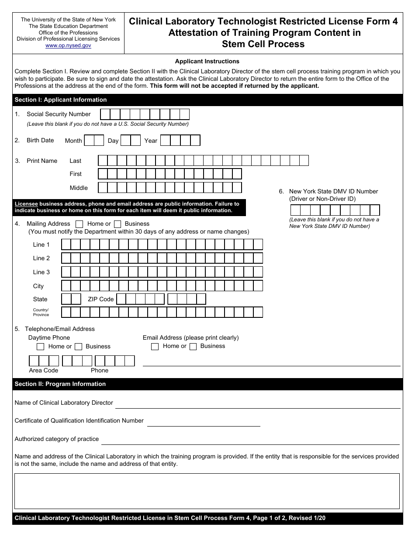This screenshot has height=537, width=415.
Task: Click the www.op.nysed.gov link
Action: [x=68, y=45]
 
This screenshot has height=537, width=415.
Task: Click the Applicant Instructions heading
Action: [x=207, y=62]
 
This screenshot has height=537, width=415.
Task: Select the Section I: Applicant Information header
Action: [x=61, y=100]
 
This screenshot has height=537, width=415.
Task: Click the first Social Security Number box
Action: [x=105, y=114]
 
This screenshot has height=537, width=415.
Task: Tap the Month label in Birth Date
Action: [x=73, y=141]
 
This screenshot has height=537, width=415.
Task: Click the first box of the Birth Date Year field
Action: [x=165, y=141]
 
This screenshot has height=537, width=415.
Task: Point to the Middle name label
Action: [x=79, y=188]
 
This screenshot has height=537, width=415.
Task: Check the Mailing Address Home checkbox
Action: [x=80, y=224]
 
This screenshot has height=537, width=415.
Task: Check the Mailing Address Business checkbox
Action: [x=117, y=224]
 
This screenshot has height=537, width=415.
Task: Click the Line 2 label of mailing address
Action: [x=41, y=258]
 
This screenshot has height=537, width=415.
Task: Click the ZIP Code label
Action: [x=100, y=299]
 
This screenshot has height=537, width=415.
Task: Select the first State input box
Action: [x=66, y=299]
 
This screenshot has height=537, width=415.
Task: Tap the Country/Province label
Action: [x=41, y=312]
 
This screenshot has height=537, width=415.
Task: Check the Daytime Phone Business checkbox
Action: [x=79, y=347]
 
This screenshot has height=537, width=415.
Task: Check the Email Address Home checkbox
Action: [x=155, y=347]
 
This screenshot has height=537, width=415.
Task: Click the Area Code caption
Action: [x=44, y=370]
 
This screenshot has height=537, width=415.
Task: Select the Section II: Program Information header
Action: [x=60, y=384]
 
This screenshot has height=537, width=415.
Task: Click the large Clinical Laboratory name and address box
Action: [x=207, y=491]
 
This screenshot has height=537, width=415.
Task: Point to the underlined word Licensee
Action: [x=26, y=204]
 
